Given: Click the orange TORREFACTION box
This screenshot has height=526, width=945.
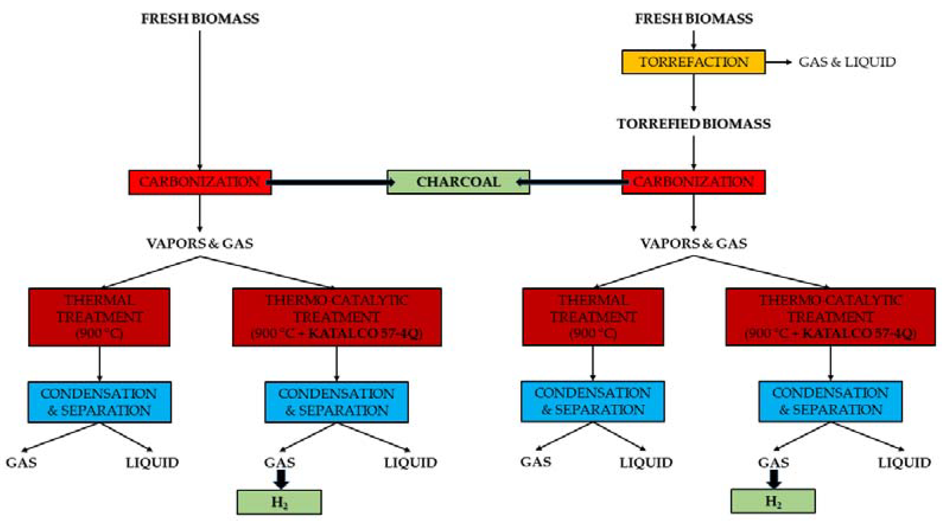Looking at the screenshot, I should (x=693, y=62).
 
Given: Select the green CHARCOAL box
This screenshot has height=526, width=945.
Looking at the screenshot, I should (x=458, y=182).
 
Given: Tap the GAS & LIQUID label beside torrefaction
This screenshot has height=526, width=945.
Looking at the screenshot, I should (x=847, y=62).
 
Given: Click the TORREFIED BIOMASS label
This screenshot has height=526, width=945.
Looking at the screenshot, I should (x=693, y=124).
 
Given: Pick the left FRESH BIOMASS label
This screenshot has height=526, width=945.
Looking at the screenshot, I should (x=200, y=19).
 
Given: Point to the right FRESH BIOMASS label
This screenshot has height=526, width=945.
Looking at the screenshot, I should (x=693, y=19).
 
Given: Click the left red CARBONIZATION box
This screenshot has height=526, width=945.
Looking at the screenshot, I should (x=200, y=182).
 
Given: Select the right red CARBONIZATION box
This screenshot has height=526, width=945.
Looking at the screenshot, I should (x=693, y=182).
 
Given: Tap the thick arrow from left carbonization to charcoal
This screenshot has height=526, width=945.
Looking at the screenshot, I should (x=330, y=182).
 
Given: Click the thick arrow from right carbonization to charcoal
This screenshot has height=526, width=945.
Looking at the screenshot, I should (x=572, y=182).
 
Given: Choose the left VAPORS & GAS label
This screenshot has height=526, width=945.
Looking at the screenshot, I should (x=200, y=243).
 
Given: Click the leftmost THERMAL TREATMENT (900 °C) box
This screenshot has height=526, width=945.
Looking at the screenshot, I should (x=99, y=317).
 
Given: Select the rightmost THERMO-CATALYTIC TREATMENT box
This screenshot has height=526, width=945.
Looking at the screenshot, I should (x=830, y=317).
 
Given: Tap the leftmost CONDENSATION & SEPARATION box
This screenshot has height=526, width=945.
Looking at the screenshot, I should (x=99, y=402).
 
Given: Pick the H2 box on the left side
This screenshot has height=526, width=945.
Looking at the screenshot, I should (x=279, y=502).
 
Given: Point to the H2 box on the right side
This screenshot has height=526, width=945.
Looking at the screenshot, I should (x=773, y=501).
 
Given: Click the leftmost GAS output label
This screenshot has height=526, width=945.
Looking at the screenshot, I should (x=21, y=463).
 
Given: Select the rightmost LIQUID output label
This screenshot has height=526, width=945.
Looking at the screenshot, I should (x=904, y=463).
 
